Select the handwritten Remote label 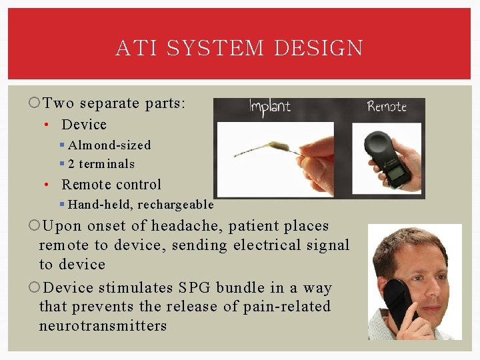pos(387,107)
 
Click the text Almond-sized pos(109,145)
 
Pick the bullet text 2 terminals pos(101,164)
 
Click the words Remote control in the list pos(111,185)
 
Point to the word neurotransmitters pos(103,326)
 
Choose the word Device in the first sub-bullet pos(84,125)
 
